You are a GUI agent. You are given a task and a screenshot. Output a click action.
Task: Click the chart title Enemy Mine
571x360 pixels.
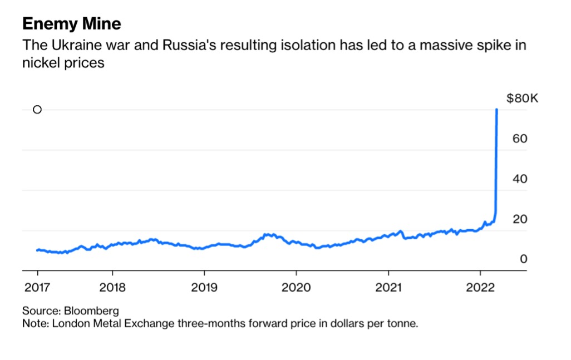coord(72,24)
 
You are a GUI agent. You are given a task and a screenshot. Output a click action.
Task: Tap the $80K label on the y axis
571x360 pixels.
coord(522,98)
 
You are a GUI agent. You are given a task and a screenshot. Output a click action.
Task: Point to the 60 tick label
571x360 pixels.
coord(520,139)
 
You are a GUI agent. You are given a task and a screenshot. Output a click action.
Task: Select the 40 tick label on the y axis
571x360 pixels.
coord(520,179)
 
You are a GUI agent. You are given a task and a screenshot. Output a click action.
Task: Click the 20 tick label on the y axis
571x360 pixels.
coord(520,219)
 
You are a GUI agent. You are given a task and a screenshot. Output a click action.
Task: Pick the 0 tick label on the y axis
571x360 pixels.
coord(515,259)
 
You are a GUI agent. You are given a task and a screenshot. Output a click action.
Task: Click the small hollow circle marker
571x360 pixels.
coord(37,110)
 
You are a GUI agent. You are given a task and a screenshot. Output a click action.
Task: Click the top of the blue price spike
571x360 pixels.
coord(496,110)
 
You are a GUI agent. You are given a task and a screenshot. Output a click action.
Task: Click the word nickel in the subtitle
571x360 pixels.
coord(40,63)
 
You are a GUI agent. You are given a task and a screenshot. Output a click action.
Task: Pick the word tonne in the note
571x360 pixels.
coord(402,323)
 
